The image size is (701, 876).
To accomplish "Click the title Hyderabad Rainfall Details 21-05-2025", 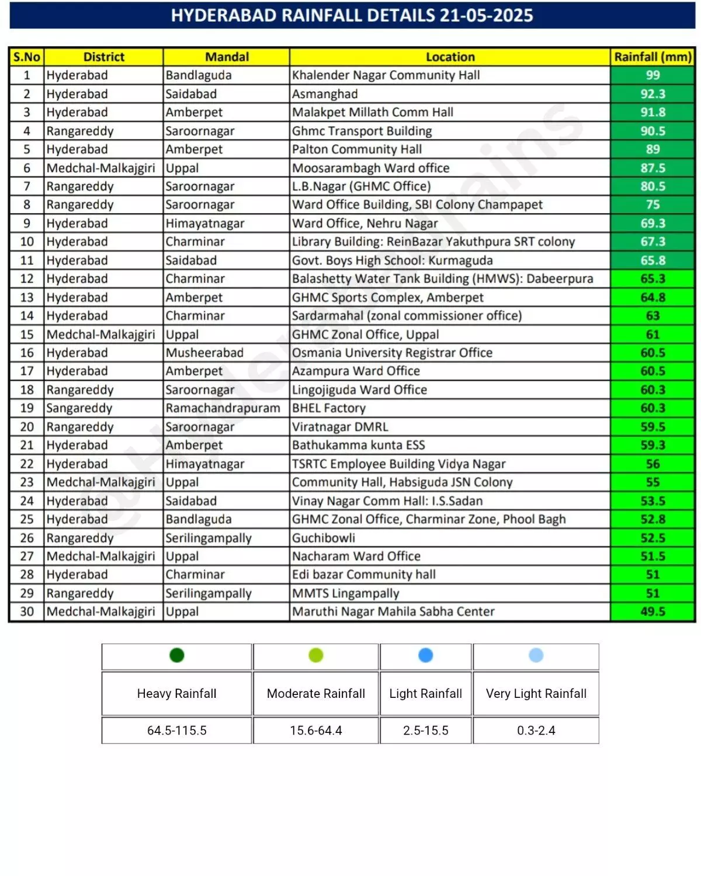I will [352, 15].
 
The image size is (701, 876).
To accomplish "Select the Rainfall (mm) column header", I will [653, 57].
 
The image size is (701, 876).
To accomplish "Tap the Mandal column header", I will [227, 57].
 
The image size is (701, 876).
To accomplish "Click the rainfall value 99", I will [653, 75].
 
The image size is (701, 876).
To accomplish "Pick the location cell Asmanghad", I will [325, 94].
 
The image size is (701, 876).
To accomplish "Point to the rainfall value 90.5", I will [653, 131].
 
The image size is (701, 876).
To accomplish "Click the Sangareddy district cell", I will [79, 408].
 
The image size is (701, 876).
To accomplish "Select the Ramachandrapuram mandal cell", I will [223, 408].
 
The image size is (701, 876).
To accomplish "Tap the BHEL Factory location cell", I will [329, 408].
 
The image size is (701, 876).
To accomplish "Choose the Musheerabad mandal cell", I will [204, 353].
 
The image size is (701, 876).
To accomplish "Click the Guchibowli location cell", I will [324, 538].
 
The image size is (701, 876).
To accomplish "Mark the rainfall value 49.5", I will [653, 611].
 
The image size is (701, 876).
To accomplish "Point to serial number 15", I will [27, 335].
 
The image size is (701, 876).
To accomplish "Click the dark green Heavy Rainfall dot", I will [177, 655].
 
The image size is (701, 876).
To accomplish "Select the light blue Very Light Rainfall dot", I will [536, 655].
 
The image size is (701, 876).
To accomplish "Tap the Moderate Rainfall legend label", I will [316, 694].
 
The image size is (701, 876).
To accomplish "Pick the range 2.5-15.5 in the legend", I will [426, 731].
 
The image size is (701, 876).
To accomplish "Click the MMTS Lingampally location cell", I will [345, 593].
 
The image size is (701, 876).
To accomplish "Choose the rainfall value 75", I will [653, 205].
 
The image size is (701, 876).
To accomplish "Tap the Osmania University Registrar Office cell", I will [392, 353].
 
